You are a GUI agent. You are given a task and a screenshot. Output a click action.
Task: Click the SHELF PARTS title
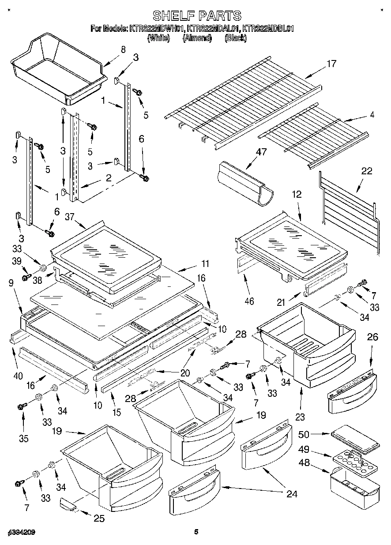(x=196, y=16)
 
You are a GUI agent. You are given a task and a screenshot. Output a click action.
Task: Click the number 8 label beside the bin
(x=123, y=49)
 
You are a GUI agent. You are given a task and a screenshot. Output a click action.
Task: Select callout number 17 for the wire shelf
(x=331, y=64)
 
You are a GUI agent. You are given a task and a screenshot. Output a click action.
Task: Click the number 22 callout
(x=366, y=172)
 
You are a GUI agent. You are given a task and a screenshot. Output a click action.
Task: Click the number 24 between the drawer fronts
(x=292, y=494)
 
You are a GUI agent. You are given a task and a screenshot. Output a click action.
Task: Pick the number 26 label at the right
(x=372, y=338)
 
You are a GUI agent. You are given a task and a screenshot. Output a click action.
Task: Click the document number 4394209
(x=21, y=533)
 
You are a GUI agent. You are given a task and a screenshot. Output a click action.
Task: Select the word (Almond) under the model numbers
(x=197, y=38)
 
